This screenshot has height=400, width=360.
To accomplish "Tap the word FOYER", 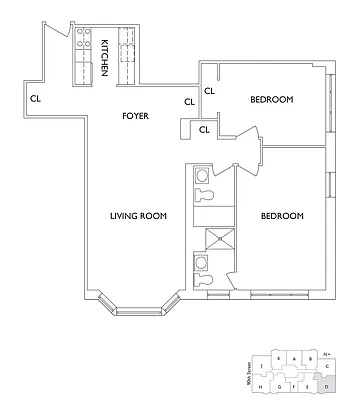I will [136, 116].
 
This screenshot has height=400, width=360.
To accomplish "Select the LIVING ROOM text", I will [138, 216].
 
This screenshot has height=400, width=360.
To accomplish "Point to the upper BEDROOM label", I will [270, 99].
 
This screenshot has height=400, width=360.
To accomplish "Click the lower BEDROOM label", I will [282, 216].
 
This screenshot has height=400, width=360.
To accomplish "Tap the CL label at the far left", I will [35, 98].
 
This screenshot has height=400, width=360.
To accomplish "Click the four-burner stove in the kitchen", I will [79, 45].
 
